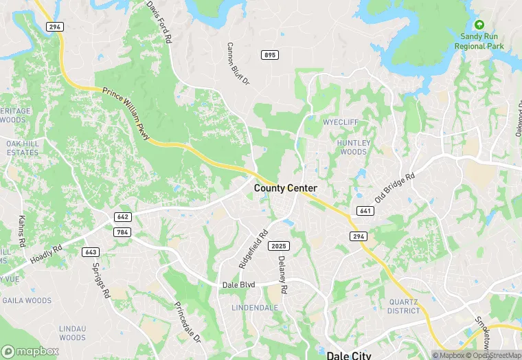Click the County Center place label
[286, 188]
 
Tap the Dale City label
[348, 355]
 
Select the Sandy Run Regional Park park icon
[479, 24]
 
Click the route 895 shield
[269, 54]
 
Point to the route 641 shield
[365, 210]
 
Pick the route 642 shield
[123, 216]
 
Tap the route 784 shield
[123, 232]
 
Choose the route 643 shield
[90, 251]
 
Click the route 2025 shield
[280, 246]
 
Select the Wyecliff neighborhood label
[341, 124]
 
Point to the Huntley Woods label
[354, 147]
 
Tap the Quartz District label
[403, 306]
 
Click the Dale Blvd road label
[239, 284]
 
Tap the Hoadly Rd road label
[45, 256]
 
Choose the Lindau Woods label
[72, 333]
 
